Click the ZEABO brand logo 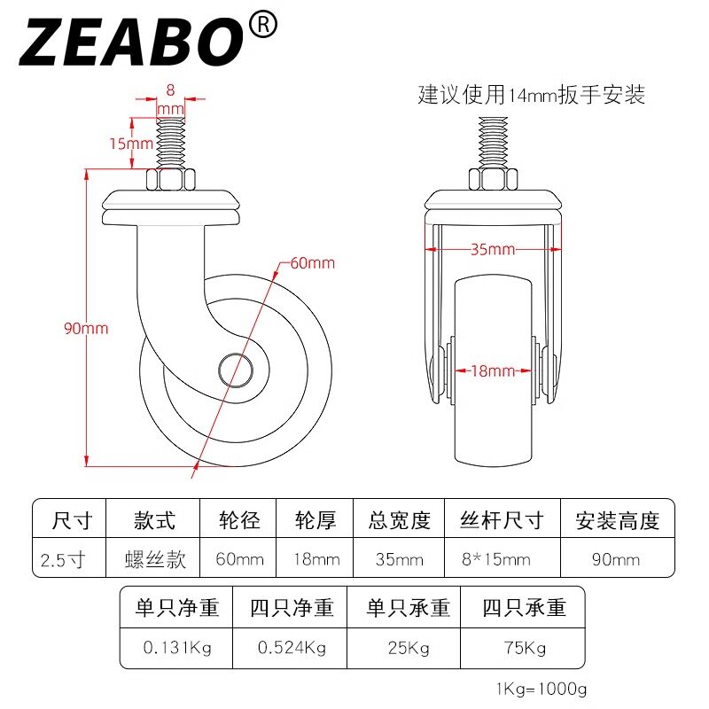[131, 43]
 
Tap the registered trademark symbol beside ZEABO [263, 25]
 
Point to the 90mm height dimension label [86, 328]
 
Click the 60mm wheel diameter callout [313, 263]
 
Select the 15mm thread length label [131, 144]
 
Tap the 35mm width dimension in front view [493, 249]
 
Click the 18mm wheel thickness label [493, 371]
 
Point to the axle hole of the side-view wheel [236, 370]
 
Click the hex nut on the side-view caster [170, 180]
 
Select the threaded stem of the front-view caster [494, 143]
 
